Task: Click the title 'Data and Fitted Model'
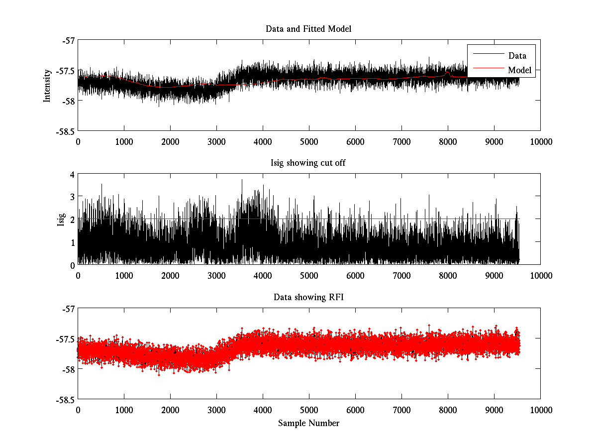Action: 308,29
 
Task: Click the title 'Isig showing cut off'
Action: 308,163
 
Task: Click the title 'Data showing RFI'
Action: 308,297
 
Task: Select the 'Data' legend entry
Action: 517,56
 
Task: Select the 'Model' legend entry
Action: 519,70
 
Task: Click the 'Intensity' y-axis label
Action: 47,85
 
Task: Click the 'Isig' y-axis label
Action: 61,220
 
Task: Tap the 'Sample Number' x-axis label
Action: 308,423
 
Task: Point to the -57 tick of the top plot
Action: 67,40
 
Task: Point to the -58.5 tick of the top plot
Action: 65,131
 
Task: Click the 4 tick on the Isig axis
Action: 72,175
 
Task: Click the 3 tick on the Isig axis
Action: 72,197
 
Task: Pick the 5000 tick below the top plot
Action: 309,141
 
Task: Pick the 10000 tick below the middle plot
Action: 540,275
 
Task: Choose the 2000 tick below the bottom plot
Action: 170,410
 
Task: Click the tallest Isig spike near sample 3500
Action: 242,180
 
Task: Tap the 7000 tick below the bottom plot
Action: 401,410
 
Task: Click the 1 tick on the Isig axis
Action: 72,242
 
